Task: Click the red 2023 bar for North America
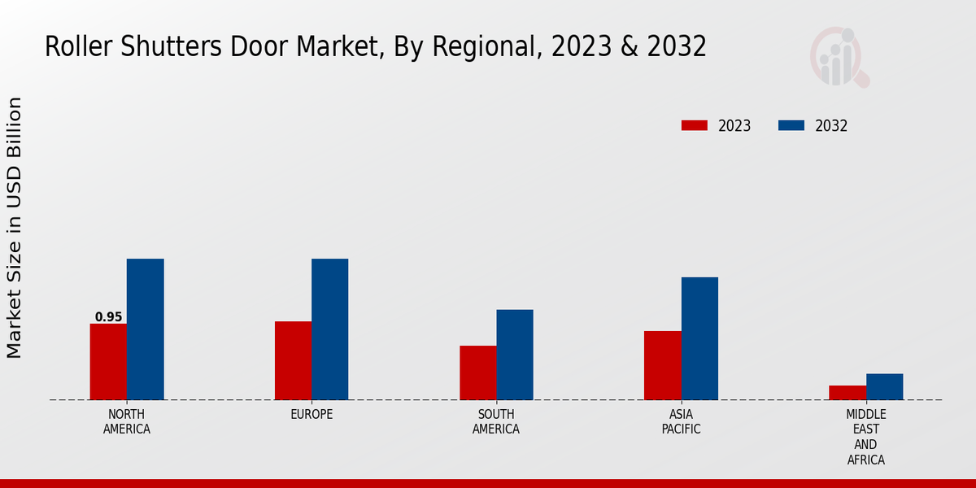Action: coord(108,362)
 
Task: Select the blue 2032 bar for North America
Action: coord(145,329)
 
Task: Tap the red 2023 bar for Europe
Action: coord(293,360)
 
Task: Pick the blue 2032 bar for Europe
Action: coord(329,329)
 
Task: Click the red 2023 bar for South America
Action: coord(477,373)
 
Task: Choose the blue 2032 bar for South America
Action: coord(515,355)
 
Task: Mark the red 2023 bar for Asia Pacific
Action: coord(662,365)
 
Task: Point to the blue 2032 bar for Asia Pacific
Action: coord(699,338)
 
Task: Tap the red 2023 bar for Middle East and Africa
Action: coord(847,393)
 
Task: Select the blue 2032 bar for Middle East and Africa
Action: coord(884,387)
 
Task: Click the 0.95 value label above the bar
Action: coord(108,317)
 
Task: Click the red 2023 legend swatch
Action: coord(695,125)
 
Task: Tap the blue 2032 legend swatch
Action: coord(791,125)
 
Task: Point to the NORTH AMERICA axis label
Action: coord(127,422)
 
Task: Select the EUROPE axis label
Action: coord(312,415)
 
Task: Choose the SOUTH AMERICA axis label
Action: coord(496,422)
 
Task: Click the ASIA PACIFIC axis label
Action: coord(681,422)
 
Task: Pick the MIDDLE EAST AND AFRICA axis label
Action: coord(865,438)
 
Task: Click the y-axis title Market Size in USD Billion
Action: coord(15,228)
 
